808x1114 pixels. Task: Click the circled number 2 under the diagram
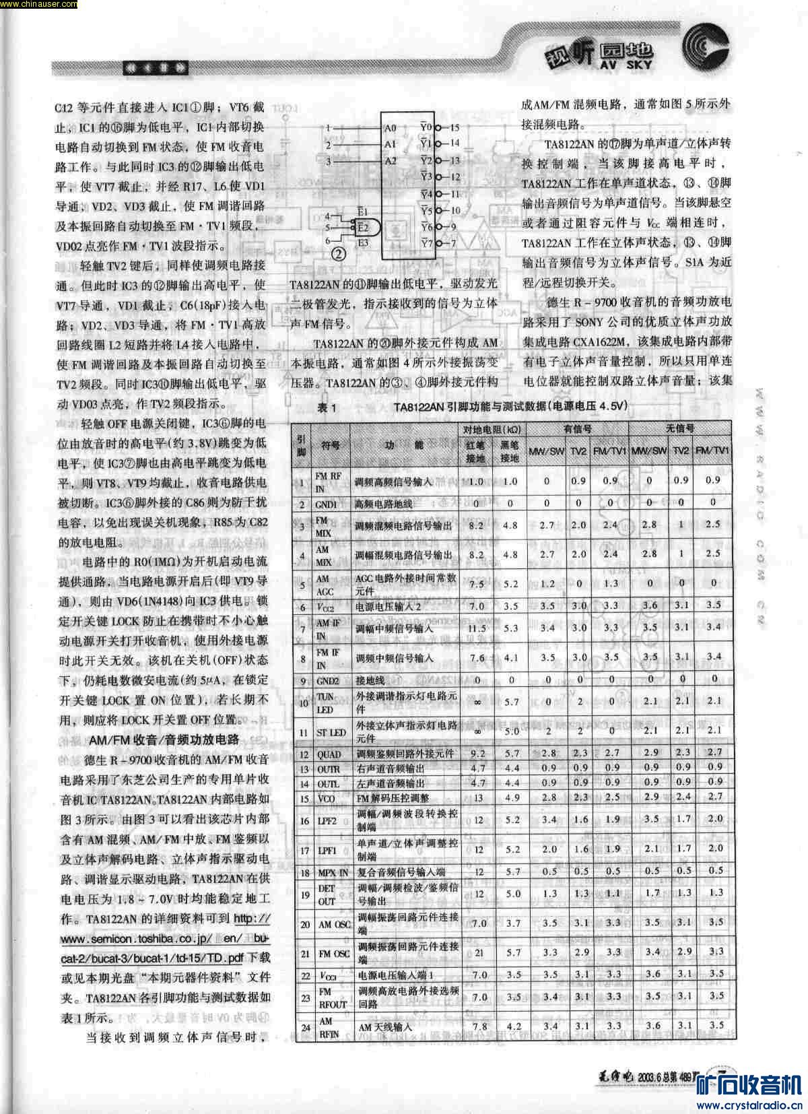(339, 254)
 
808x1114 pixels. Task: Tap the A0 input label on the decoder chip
(391, 127)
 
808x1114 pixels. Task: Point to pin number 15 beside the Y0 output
(454, 127)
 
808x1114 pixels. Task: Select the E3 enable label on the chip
(363, 242)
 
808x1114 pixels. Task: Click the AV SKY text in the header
(626, 65)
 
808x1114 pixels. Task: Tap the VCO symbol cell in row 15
(327, 798)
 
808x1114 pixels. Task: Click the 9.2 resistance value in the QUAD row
(478, 754)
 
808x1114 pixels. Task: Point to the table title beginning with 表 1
(471, 407)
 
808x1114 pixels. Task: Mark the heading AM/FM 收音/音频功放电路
(164, 740)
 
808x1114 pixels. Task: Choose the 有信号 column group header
(577, 429)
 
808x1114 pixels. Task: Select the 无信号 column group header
(679, 429)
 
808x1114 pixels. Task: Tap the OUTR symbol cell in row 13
(329, 769)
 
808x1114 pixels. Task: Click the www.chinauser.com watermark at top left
(38, 5)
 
